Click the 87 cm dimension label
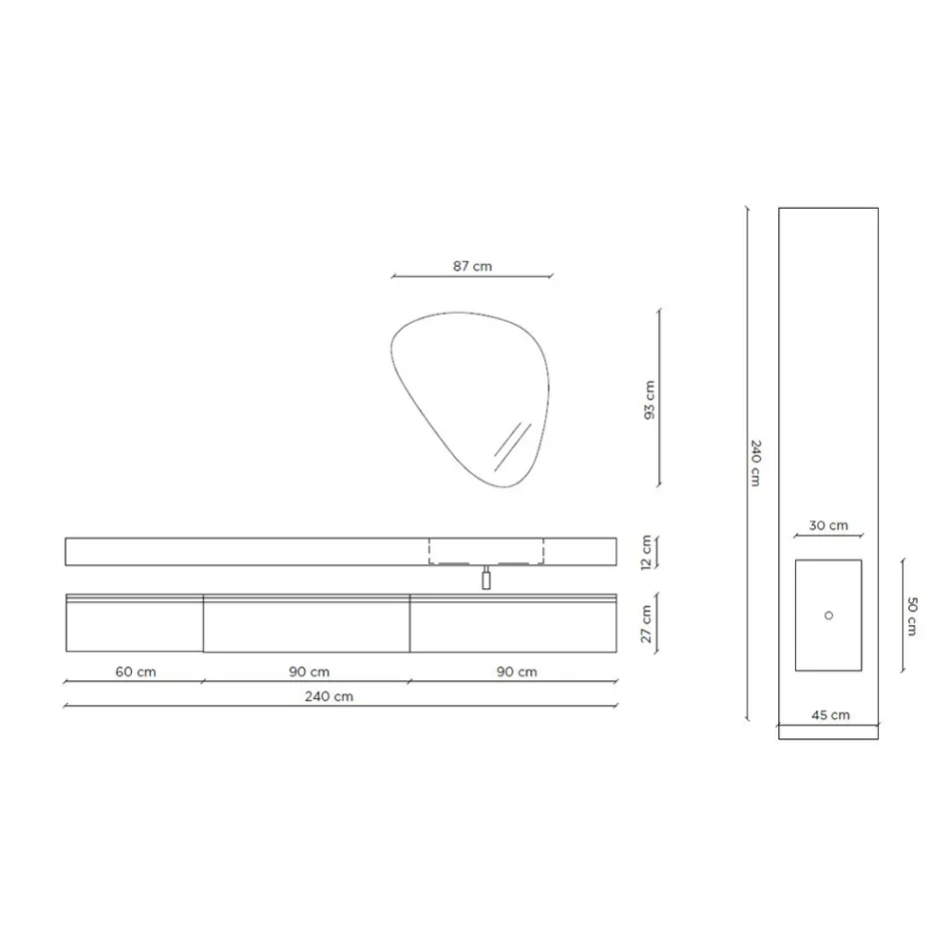click(472, 267)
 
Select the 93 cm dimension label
click(649, 399)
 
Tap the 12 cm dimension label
click(646, 550)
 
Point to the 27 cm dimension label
click(646, 623)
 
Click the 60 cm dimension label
click(136, 671)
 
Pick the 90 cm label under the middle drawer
click(310, 671)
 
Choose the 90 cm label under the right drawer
click(516, 671)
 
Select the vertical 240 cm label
click(756, 463)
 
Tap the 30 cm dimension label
click(828, 525)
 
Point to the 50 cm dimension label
click(912, 615)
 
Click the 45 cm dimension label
click(830, 714)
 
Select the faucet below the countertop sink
click(486, 578)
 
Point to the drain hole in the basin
click(828, 615)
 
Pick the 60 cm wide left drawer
click(134, 625)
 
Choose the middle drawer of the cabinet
click(307, 625)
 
